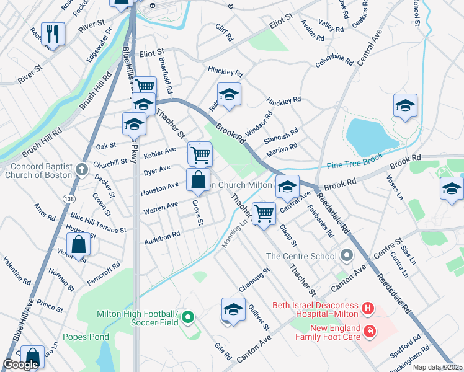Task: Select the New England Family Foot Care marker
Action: click(370, 332)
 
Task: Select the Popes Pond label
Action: click(86, 337)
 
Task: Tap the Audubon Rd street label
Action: click(162, 235)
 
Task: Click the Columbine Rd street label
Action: click(334, 64)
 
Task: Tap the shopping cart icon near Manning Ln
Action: click(264, 213)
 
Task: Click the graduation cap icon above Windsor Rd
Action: click(229, 94)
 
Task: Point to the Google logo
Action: click(20, 365)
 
